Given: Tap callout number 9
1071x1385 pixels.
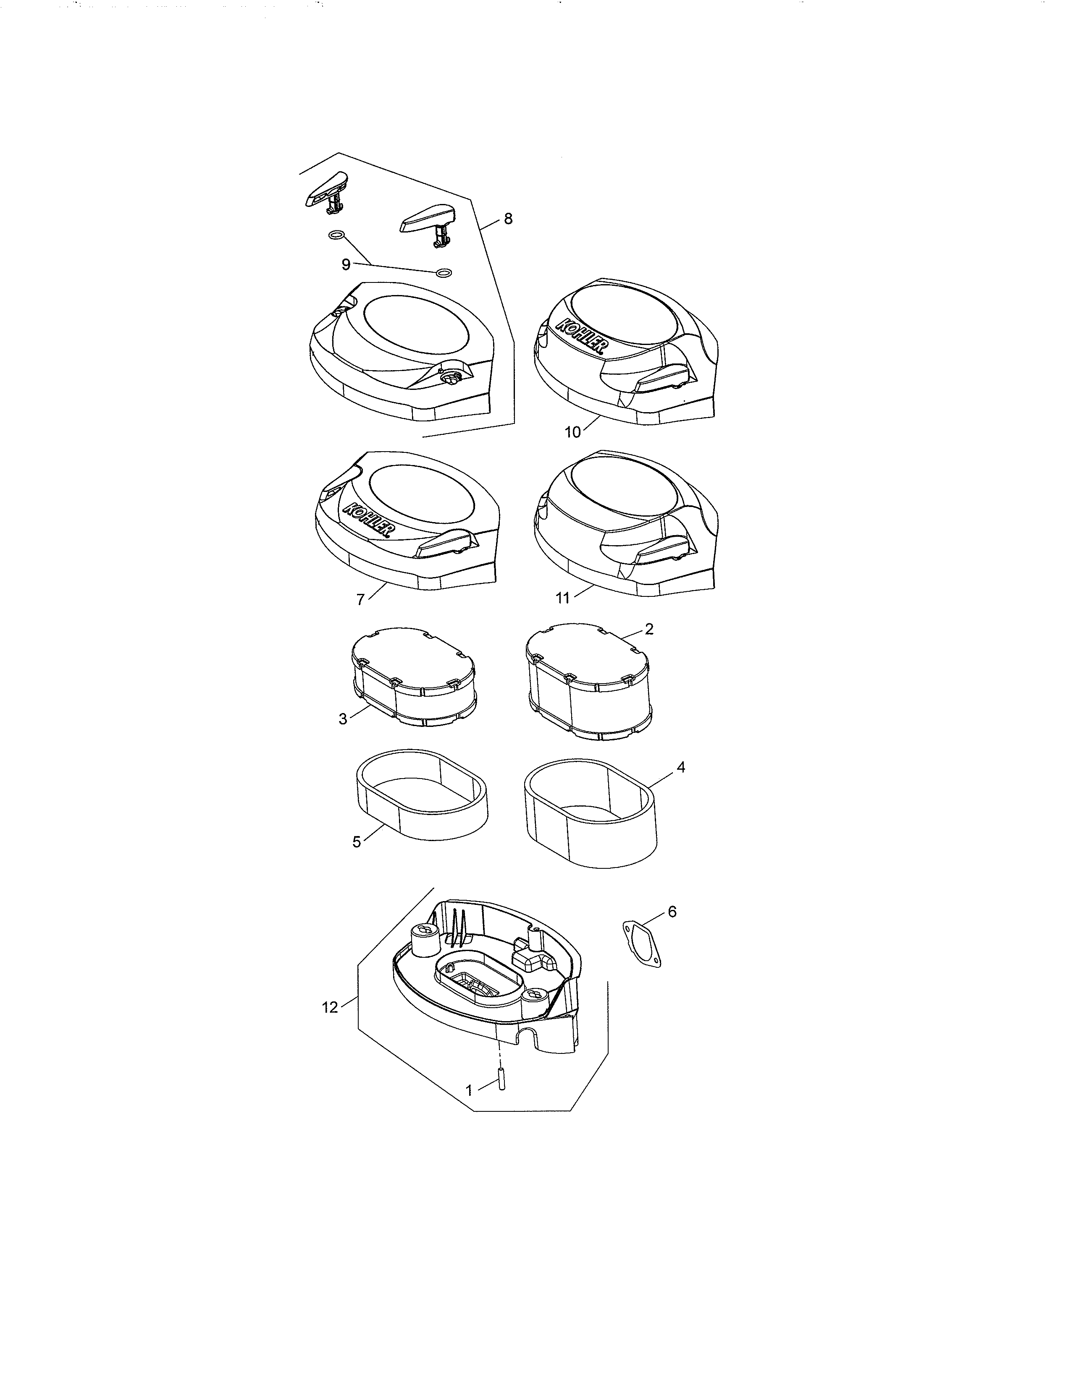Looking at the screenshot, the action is tap(346, 264).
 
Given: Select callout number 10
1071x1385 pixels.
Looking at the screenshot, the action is tap(572, 432).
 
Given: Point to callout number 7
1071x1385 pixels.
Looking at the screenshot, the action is tap(360, 599).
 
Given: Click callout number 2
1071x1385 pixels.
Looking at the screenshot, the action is tap(649, 629).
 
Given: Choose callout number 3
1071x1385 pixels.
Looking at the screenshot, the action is tap(343, 719).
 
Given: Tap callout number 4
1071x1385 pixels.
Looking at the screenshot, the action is tap(681, 767).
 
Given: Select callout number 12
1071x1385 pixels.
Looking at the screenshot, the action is tap(330, 1007).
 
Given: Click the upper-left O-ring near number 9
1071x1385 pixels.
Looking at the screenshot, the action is tap(337, 236).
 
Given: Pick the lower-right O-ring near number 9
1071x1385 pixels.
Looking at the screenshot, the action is tap(444, 273).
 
